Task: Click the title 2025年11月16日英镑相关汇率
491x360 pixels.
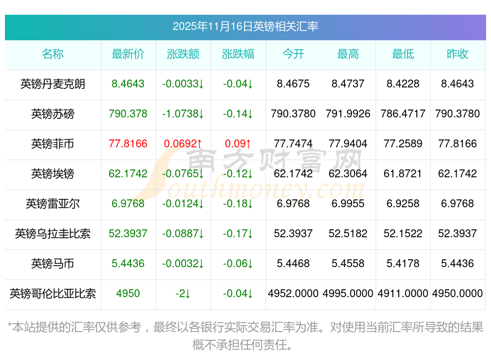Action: click(x=245, y=27)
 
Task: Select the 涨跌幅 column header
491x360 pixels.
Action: click(x=238, y=54)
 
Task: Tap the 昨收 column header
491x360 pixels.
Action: click(x=458, y=54)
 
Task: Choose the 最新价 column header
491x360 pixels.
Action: click(x=128, y=54)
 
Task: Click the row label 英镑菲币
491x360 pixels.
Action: click(x=53, y=143)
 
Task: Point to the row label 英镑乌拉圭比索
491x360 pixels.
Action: click(x=53, y=233)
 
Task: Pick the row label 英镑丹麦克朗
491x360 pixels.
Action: click(x=53, y=83)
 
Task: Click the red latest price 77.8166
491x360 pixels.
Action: click(x=128, y=143)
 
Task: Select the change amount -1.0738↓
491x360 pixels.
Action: click(x=183, y=113)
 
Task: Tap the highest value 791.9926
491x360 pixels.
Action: click(x=348, y=113)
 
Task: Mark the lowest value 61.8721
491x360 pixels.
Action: click(x=403, y=173)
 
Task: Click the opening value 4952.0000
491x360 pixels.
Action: click(x=293, y=293)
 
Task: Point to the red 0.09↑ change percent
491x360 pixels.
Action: click(x=238, y=143)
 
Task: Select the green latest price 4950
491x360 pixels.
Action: click(x=128, y=293)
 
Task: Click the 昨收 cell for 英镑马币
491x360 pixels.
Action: click(x=458, y=263)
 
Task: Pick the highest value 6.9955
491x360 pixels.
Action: click(x=348, y=203)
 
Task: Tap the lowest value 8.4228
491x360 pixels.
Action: click(x=403, y=83)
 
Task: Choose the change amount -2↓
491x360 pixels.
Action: click(x=183, y=293)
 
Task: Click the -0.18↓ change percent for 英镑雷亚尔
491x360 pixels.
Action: click(x=238, y=203)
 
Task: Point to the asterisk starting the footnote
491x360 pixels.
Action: click(x=10, y=327)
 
